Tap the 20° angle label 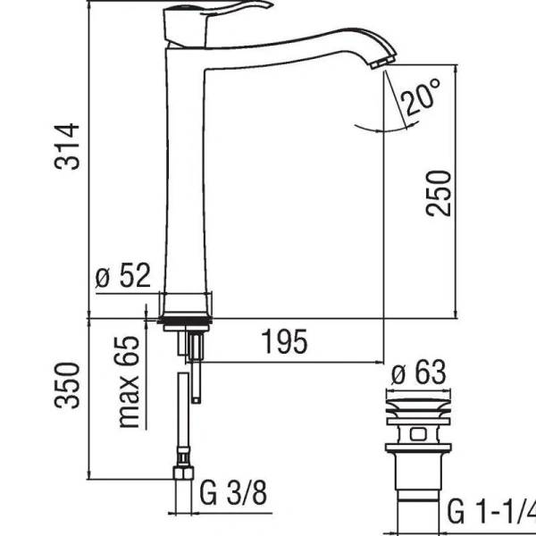pyautogui.click(x=422, y=96)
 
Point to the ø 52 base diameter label pyautogui.click(x=122, y=278)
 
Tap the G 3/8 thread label pyautogui.click(x=231, y=492)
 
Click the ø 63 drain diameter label pyautogui.click(x=417, y=373)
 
